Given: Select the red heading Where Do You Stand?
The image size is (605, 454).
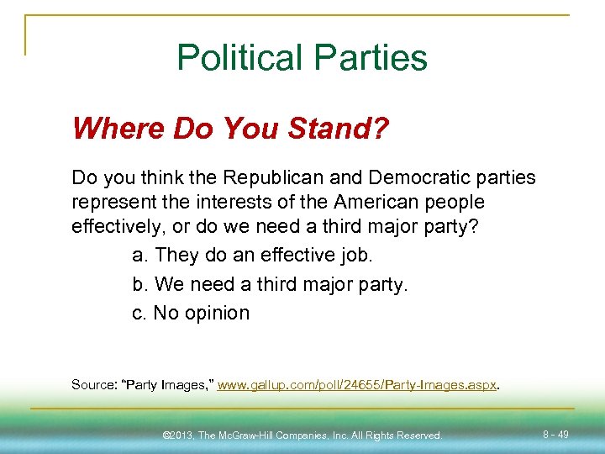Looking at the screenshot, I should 231,129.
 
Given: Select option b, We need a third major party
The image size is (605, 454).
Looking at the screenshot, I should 270,284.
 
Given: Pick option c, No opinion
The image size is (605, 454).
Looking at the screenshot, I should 191,313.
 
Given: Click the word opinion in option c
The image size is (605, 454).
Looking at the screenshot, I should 218,314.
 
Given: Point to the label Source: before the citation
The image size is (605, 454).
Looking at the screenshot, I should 94,385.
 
